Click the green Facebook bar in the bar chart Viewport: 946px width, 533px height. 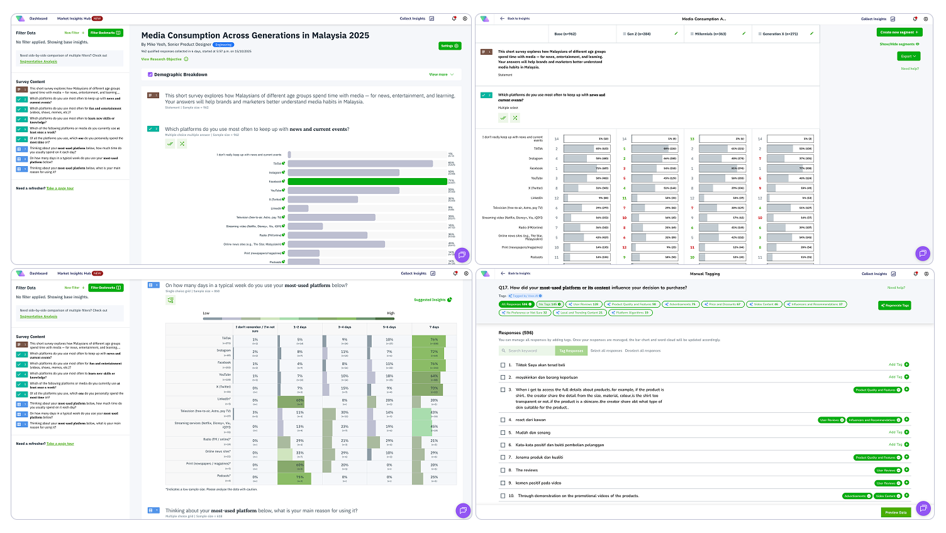pos(367,181)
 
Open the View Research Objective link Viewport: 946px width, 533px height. pos(162,59)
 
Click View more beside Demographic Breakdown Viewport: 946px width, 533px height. pos(438,74)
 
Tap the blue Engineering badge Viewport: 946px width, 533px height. pos(223,45)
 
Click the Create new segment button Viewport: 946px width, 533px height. pos(899,32)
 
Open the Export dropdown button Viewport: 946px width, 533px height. pos(908,56)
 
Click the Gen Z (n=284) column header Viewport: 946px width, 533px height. pos(638,34)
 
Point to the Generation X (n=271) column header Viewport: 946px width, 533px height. pos(780,34)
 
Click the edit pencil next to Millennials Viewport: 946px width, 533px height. pos(743,34)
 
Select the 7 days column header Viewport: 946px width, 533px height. pos(434,327)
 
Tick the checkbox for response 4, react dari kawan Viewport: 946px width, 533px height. pos(503,420)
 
